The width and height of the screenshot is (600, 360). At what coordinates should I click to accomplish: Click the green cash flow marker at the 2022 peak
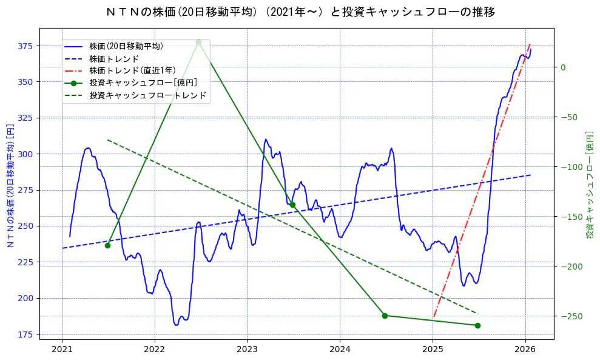coord(198,42)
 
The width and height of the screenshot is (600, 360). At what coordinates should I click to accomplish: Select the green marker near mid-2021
coord(107,245)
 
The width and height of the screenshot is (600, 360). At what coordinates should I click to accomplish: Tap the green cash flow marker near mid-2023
coord(292,205)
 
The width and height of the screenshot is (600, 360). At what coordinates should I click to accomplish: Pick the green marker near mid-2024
coord(385,316)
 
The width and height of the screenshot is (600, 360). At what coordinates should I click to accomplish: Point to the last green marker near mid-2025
coord(477,325)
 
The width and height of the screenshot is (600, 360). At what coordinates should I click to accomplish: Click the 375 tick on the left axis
coord(25,46)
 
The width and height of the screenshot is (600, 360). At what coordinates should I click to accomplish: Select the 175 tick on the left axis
coord(25,335)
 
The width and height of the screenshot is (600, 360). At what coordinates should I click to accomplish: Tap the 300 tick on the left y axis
coord(25,154)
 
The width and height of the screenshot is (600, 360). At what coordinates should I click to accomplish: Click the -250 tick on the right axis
coord(567,316)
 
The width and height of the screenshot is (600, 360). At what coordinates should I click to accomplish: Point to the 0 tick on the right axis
coord(563,67)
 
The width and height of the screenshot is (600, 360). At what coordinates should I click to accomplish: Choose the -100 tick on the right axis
coord(567,167)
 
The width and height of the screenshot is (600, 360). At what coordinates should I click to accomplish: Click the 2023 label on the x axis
coord(247,349)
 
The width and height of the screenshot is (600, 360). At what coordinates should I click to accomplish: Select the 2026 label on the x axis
coord(525,349)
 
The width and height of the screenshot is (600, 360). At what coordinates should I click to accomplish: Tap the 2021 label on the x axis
coord(62,349)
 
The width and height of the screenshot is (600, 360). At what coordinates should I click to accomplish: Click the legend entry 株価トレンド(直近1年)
coord(132,70)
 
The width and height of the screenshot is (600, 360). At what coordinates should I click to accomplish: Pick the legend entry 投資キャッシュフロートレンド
coord(147,95)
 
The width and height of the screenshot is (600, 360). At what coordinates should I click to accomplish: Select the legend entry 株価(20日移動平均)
coord(126,46)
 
